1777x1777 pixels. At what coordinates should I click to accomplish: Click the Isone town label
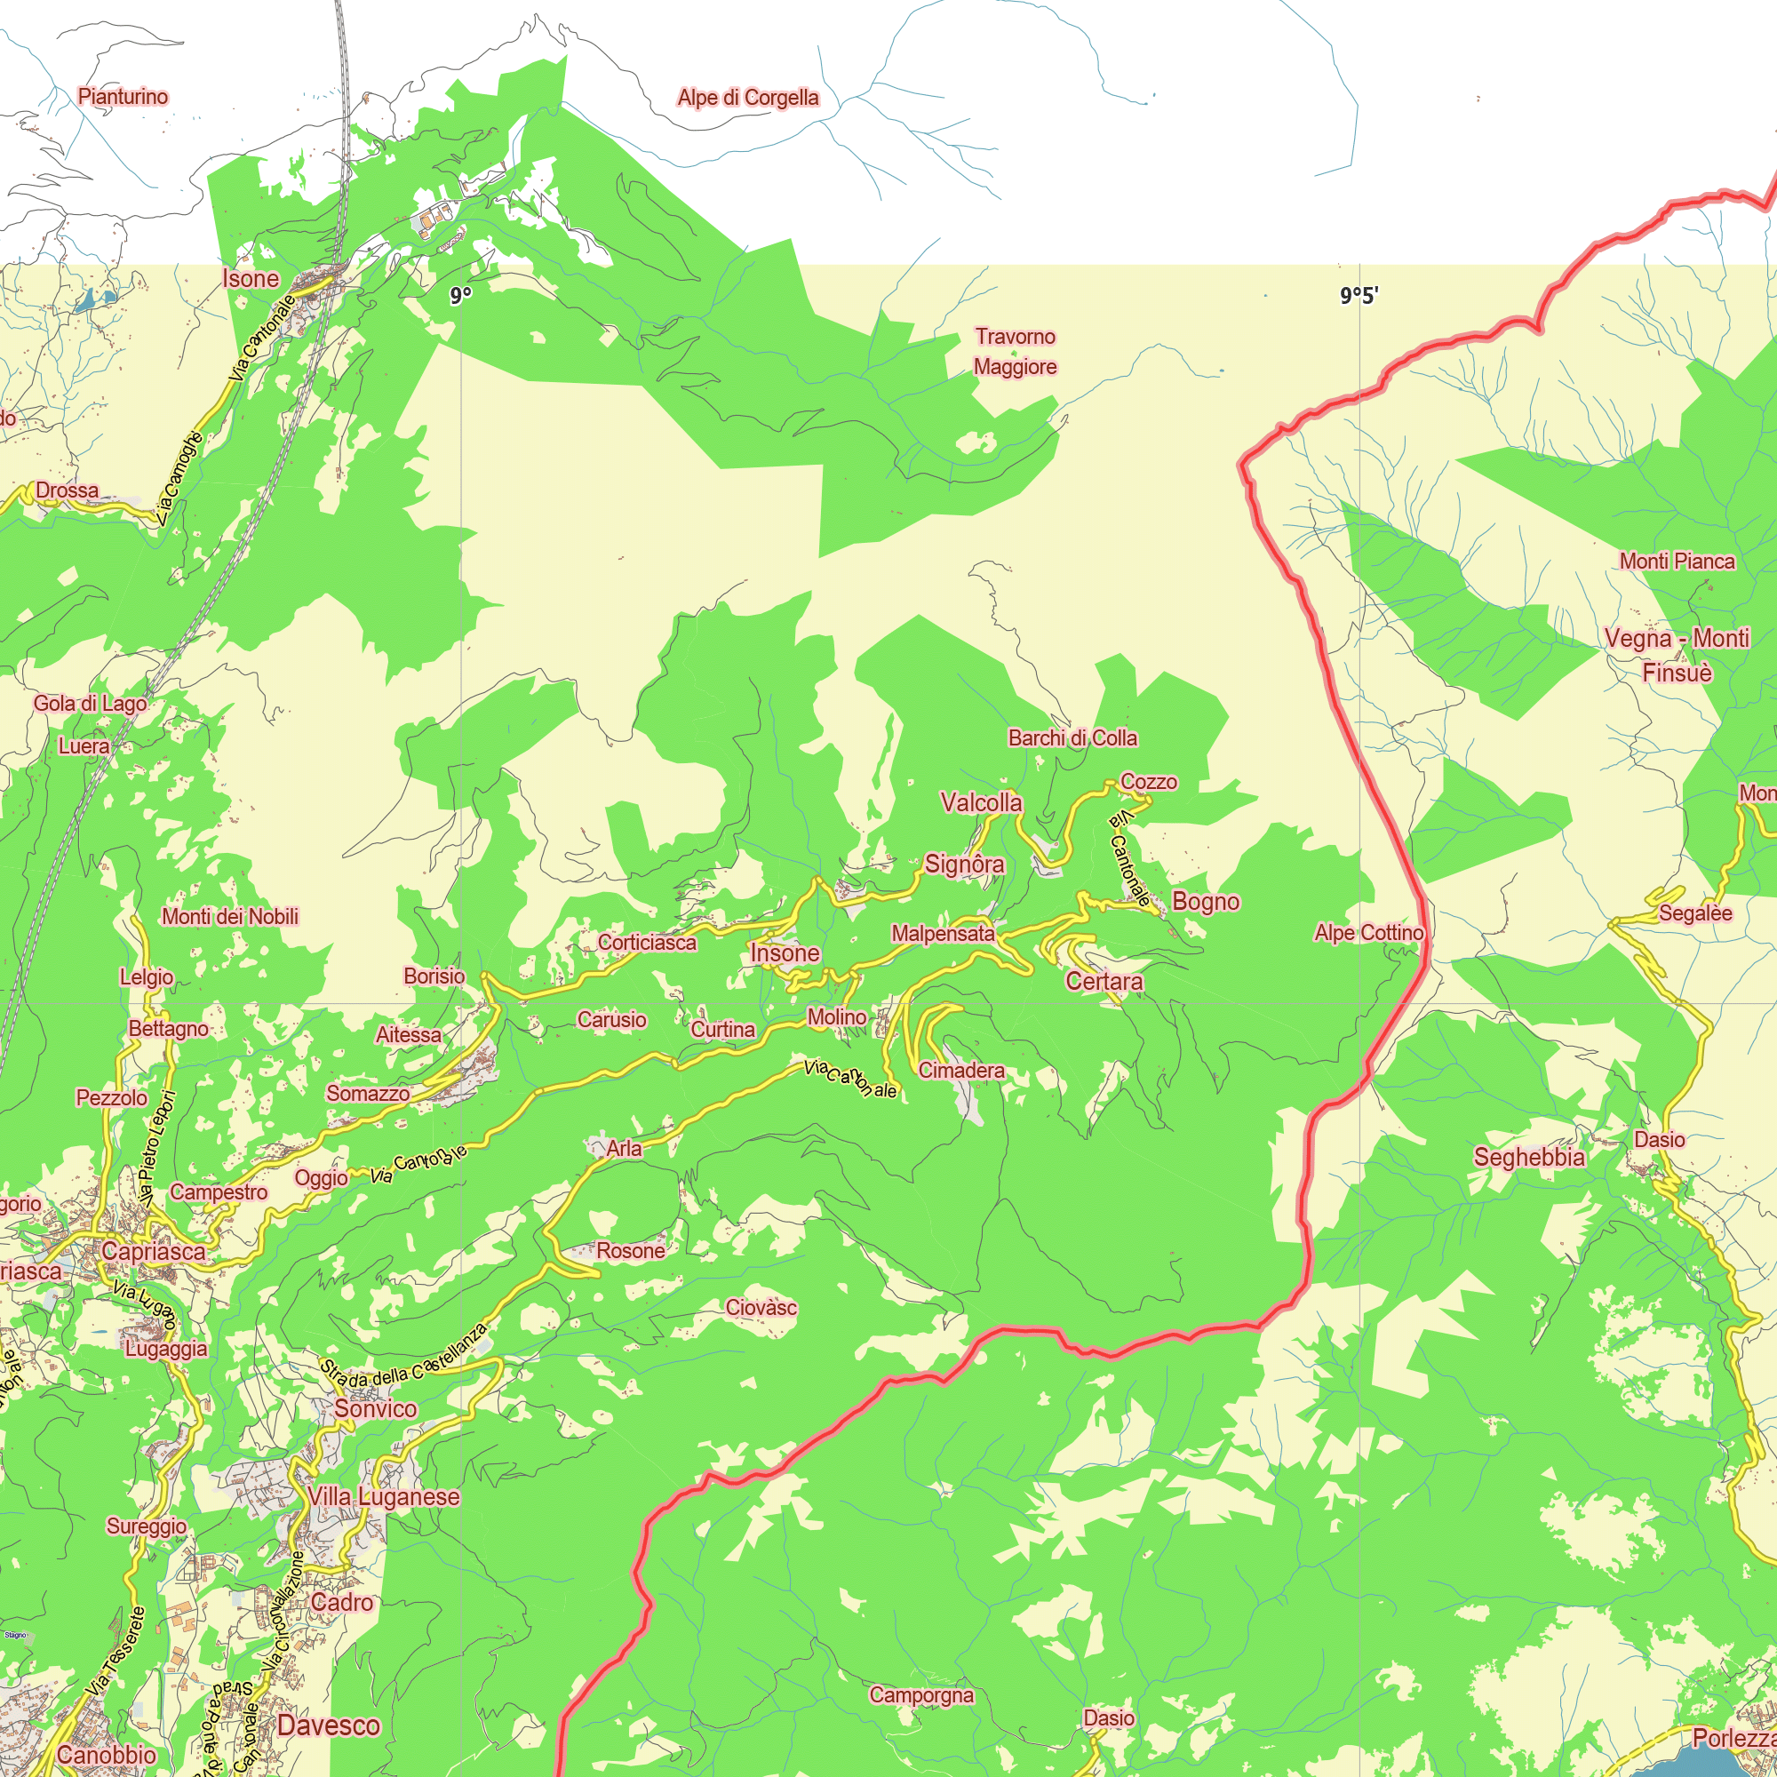tap(251, 279)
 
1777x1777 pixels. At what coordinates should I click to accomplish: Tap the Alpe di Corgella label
tap(748, 98)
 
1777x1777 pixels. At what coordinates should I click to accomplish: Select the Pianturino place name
tap(123, 97)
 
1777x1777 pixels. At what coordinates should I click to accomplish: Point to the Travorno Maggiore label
tap(1016, 351)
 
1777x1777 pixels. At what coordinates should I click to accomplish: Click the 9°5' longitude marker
tap(1359, 295)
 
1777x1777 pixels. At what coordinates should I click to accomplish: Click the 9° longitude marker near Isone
tap(461, 295)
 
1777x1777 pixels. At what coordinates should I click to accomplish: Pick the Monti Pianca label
tap(1677, 561)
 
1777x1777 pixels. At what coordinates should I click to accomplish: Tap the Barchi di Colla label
tap(1072, 737)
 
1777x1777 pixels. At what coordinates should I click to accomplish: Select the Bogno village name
tap(1205, 901)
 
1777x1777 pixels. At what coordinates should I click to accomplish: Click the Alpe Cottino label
tap(1368, 933)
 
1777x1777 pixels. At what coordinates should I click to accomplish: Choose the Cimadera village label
tap(961, 1071)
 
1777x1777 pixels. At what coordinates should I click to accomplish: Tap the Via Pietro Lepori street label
tap(157, 1149)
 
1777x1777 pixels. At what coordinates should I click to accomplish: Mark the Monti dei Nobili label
tap(230, 916)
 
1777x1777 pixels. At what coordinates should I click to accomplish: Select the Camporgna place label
tap(920, 1694)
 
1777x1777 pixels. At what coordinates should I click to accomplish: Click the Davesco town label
tap(329, 1725)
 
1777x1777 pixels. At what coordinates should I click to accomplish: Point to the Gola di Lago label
tap(90, 704)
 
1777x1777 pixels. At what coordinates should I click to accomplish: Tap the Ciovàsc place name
tap(761, 1307)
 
